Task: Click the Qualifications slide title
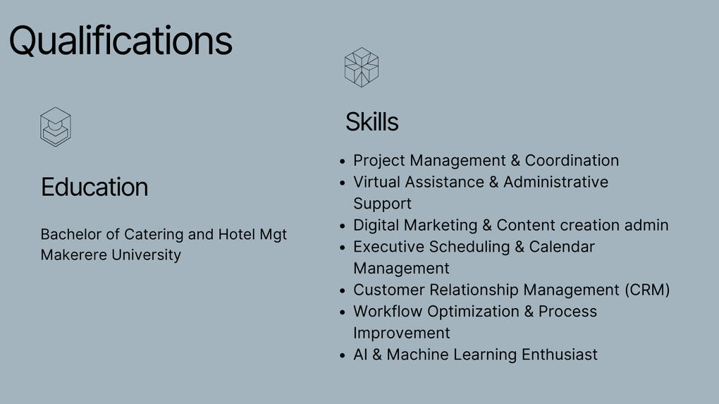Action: coord(121,42)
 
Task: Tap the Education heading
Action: coord(94,187)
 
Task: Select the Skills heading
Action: coord(372,122)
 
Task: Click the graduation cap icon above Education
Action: coord(56,127)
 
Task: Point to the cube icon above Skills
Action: coord(362,68)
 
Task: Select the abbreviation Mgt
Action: coord(274,235)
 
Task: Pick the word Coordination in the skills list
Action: coord(572,161)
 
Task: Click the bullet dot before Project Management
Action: coord(342,161)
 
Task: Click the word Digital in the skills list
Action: coord(376,226)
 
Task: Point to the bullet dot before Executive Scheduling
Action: coord(342,247)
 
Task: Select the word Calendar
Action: coord(562,247)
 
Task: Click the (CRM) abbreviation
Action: coord(647,290)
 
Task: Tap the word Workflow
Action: coord(388,312)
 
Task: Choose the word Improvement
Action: coord(402,333)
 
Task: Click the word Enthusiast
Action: coord(560,355)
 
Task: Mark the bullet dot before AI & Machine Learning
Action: coord(342,355)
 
